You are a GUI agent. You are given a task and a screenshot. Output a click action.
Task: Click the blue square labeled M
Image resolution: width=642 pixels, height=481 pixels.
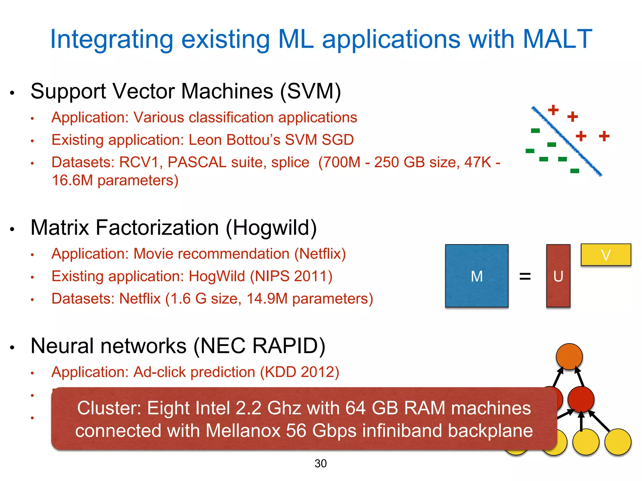(x=476, y=276)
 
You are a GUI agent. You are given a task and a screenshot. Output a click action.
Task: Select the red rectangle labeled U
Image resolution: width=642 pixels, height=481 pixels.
(x=558, y=276)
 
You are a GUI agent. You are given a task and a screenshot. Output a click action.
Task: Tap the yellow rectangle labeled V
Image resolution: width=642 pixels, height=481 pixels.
(x=606, y=255)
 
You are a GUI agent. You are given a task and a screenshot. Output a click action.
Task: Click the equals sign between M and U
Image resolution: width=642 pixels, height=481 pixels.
(x=525, y=276)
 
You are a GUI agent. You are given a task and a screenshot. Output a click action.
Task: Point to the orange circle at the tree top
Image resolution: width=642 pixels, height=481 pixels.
(x=569, y=356)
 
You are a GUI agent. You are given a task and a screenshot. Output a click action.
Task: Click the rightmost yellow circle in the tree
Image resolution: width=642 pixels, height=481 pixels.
(x=618, y=442)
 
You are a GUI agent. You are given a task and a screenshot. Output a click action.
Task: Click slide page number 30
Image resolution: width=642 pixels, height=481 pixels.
(x=320, y=463)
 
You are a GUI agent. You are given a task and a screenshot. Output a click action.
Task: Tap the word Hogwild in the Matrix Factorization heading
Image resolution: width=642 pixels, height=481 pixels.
(x=271, y=228)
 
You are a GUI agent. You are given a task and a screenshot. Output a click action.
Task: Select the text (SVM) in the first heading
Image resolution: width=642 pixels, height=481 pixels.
(x=310, y=91)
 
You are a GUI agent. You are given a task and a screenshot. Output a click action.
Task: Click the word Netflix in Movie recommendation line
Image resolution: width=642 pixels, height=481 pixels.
(x=320, y=254)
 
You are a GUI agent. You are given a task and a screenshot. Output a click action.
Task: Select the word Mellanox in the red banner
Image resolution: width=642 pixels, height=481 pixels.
(x=243, y=431)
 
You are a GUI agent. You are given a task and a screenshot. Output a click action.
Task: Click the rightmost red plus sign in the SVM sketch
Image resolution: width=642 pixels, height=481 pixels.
(x=604, y=136)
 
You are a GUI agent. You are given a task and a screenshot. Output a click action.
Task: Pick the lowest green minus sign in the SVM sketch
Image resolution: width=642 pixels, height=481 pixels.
(x=575, y=171)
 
